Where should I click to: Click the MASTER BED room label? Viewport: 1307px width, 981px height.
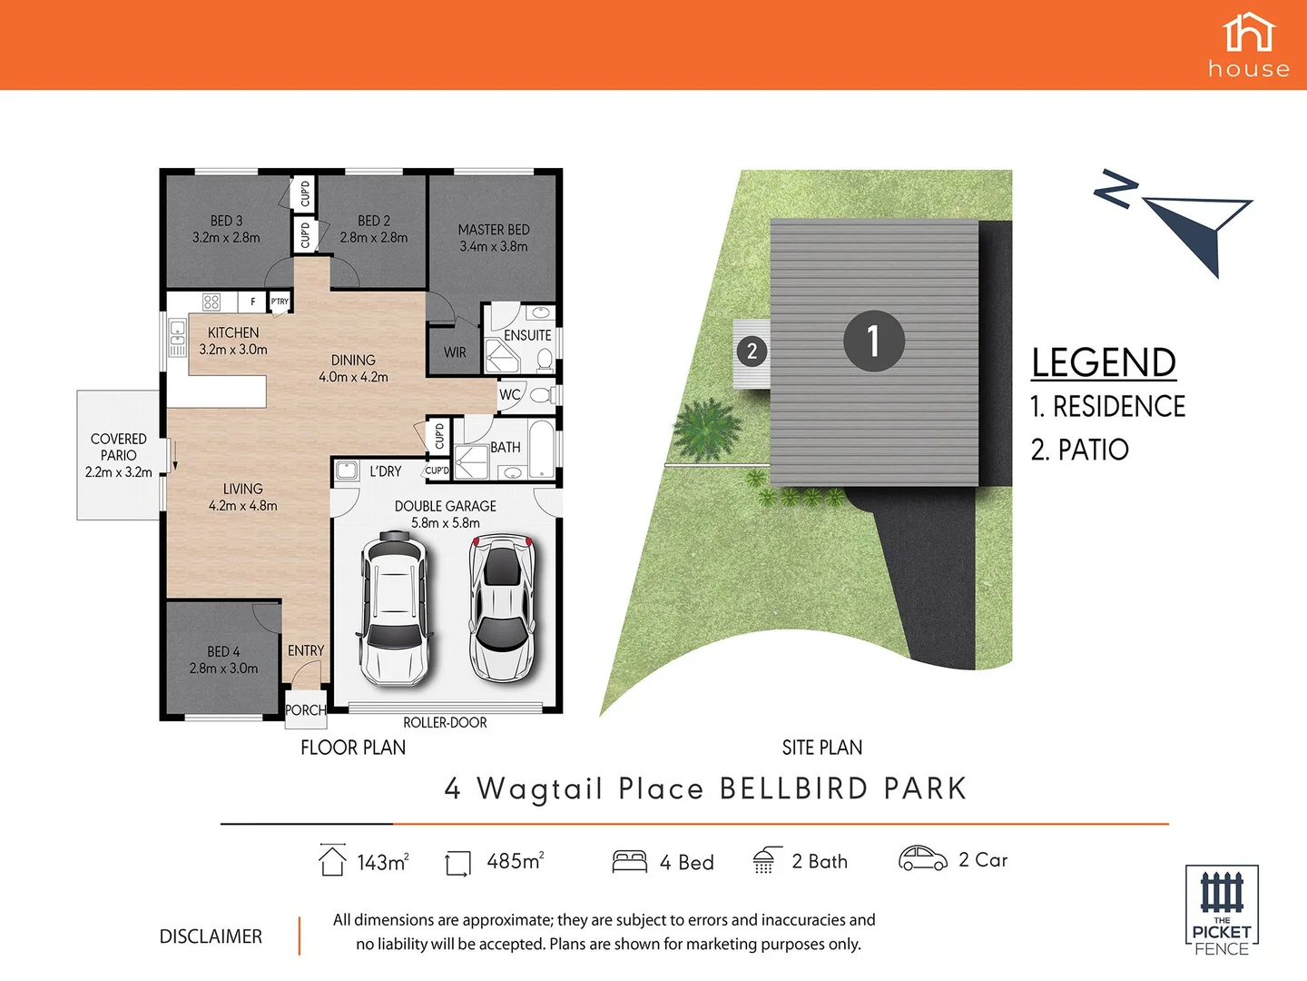tap(493, 238)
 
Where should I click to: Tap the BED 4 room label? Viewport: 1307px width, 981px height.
tap(223, 659)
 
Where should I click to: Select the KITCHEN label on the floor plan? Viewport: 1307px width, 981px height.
tap(233, 341)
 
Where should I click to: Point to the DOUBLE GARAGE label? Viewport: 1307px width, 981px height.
tap(445, 514)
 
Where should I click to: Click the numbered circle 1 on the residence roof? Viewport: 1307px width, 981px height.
tap(873, 341)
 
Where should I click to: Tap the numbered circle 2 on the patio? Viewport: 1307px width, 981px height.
tap(752, 351)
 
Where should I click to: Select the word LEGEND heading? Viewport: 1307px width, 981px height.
tap(1103, 363)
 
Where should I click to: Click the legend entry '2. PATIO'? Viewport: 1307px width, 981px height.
tap(1079, 450)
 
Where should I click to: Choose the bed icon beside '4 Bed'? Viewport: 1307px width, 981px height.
tap(629, 861)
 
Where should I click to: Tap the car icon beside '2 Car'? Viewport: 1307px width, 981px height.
tap(922, 858)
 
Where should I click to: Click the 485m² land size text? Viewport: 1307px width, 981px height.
tap(515, 861)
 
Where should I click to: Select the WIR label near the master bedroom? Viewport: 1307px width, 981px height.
tap(455, 352)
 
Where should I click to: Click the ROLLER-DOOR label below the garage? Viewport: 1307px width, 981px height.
tap(445, 723)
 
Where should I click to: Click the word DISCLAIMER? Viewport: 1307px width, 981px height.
tap(211, 936)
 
